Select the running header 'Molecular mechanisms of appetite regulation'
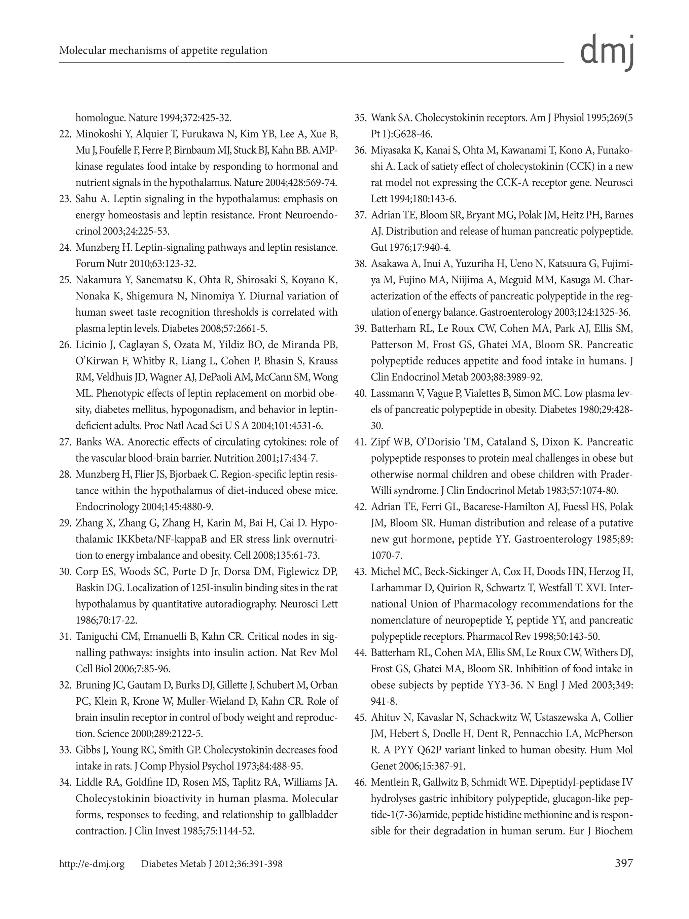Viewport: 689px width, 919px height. click(163, 51)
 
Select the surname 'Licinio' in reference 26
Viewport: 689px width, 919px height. click(88, 345)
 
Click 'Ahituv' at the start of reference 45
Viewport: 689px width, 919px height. click(384, 717)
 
